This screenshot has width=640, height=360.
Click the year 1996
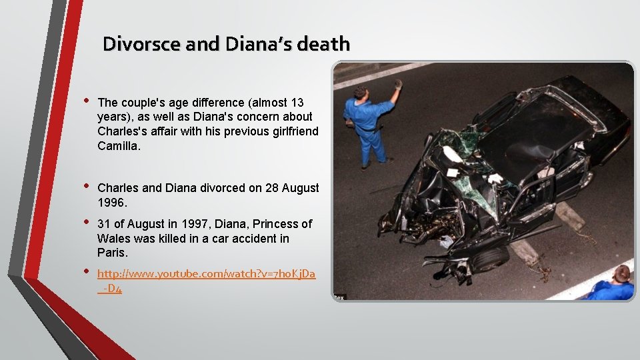[x=111, y=202]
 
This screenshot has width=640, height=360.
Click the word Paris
[x=112, y=253]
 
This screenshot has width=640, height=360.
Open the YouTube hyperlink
[x=206, y=274]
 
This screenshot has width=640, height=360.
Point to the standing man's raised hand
[x=399, y=84]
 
